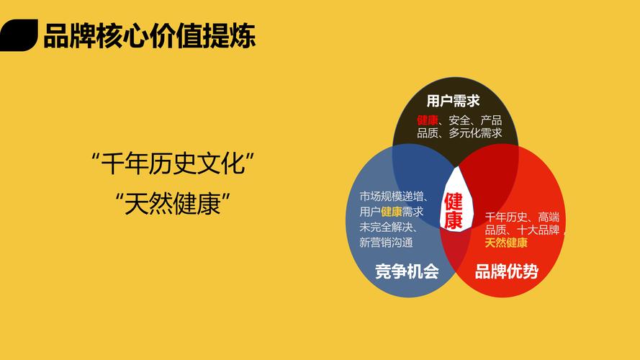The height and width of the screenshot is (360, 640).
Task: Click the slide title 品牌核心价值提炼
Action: point(149,36)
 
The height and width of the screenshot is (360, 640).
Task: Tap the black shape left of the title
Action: point(19,35)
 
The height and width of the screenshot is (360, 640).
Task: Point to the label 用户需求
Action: point(453,101)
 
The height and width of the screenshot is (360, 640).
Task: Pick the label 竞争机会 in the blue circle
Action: point(407,271)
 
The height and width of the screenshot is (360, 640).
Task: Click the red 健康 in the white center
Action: point(454,211)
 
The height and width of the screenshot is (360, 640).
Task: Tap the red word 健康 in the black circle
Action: point(428,120)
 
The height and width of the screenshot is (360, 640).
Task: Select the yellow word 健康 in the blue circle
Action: point(392,212)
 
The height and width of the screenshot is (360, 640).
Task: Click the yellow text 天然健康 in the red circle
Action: point(506,243)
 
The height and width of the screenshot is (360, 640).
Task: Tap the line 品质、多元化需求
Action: point(459,133)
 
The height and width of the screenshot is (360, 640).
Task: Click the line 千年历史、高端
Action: point(521,217)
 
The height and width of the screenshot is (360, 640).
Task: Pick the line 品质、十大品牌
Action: point(521,230)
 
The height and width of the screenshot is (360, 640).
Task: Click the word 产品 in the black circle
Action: point(492,120)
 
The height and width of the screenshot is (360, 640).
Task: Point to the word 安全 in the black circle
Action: point(459,120)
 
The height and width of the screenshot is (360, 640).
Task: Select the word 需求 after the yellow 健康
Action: point(413,212)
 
